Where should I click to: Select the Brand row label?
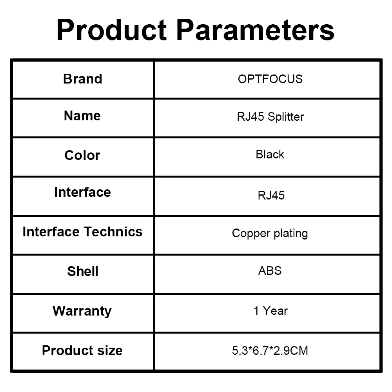click(x=82, y=79)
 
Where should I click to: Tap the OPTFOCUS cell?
click(x=270, y=79)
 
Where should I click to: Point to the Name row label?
click(x=82, y=116)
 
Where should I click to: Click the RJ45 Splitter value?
click(x=270, y=117)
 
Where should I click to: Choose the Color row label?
click(x=82, y=155)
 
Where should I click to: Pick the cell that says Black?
click(x=270, y=154)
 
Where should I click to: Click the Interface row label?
click(x=82, y=192)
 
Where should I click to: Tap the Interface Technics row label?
click(x=82, y=232)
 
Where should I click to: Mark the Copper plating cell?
click(x=270, y=234)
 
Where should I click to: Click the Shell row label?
click(x=82, y=271)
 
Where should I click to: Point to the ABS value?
click(x=270, y=271)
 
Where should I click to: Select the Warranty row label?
click(x=82, y=311)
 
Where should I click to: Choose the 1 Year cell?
click(x=270, y=311)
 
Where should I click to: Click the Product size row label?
click(x=82, y=350)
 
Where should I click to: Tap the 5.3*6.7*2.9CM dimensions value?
click(x=270, y=350)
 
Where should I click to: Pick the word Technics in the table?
click(x=113, y=232)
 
